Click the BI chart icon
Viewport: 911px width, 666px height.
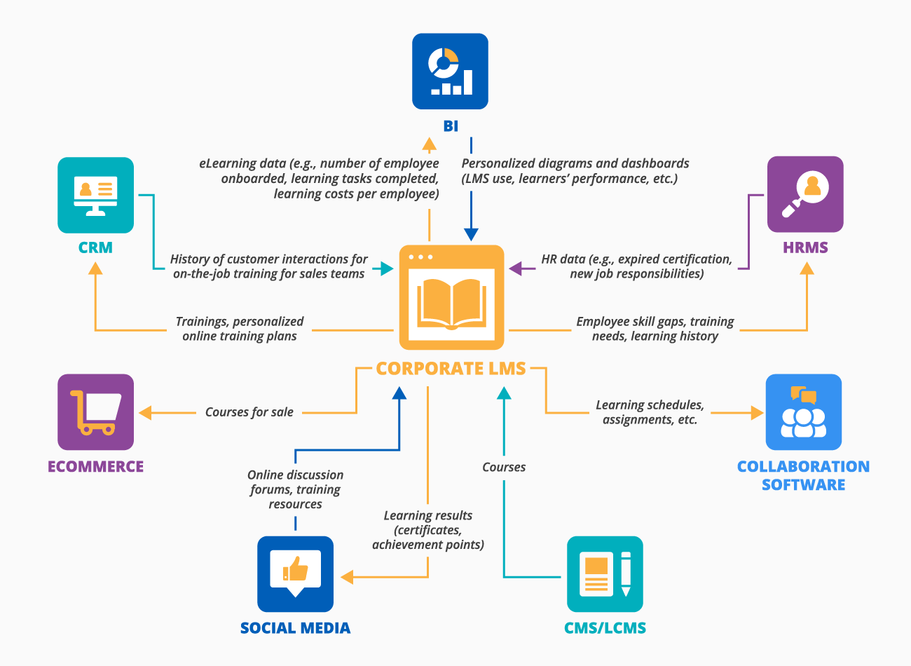(450, 71)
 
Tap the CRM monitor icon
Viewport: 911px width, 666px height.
(95, 195)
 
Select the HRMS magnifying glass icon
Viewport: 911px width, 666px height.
(805, 194)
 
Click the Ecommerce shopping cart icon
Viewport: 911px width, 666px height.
(95, 412)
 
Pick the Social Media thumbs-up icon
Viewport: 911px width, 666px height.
(295, 573)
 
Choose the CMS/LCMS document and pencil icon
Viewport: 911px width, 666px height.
(605, 574)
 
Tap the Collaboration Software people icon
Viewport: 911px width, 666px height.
(803, 412)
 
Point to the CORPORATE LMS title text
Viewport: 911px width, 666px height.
(451, 369)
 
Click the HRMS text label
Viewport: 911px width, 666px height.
(805, 247)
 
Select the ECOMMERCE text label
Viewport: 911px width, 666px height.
(95, 467)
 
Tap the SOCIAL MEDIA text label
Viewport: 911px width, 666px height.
(295, 628)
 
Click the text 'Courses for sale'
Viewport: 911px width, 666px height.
(249, 412)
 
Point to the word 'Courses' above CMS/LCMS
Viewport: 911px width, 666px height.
(503, 467)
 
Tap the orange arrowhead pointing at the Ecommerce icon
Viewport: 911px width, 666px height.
(146, 412)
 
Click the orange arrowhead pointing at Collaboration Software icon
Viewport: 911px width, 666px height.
(757, 412)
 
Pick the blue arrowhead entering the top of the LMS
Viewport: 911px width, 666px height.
(471, 234)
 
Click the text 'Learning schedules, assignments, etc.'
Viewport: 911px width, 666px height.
(650, 412)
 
